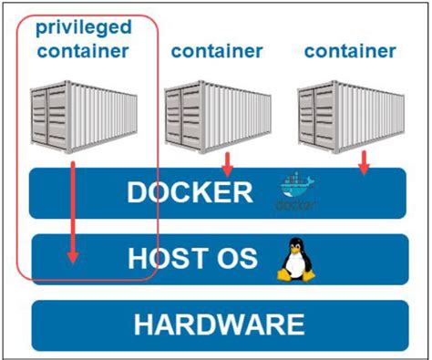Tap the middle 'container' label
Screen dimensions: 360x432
[x=217, y=51]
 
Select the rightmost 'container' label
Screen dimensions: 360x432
[x=350, y=51]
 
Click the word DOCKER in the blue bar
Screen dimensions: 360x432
[x=189, y=193]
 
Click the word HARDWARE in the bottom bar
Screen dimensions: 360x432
[x=218, y=324]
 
